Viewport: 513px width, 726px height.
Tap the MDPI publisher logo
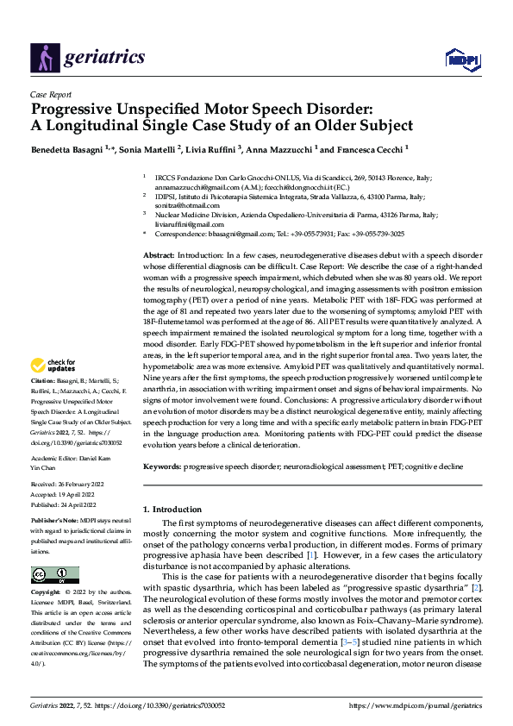458,59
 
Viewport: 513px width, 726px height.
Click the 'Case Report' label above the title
50,95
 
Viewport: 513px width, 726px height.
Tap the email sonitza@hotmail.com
180,205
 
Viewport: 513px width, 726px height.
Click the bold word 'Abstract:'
159,257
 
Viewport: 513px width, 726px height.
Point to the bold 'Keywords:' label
163,465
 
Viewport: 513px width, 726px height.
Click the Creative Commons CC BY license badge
55,575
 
